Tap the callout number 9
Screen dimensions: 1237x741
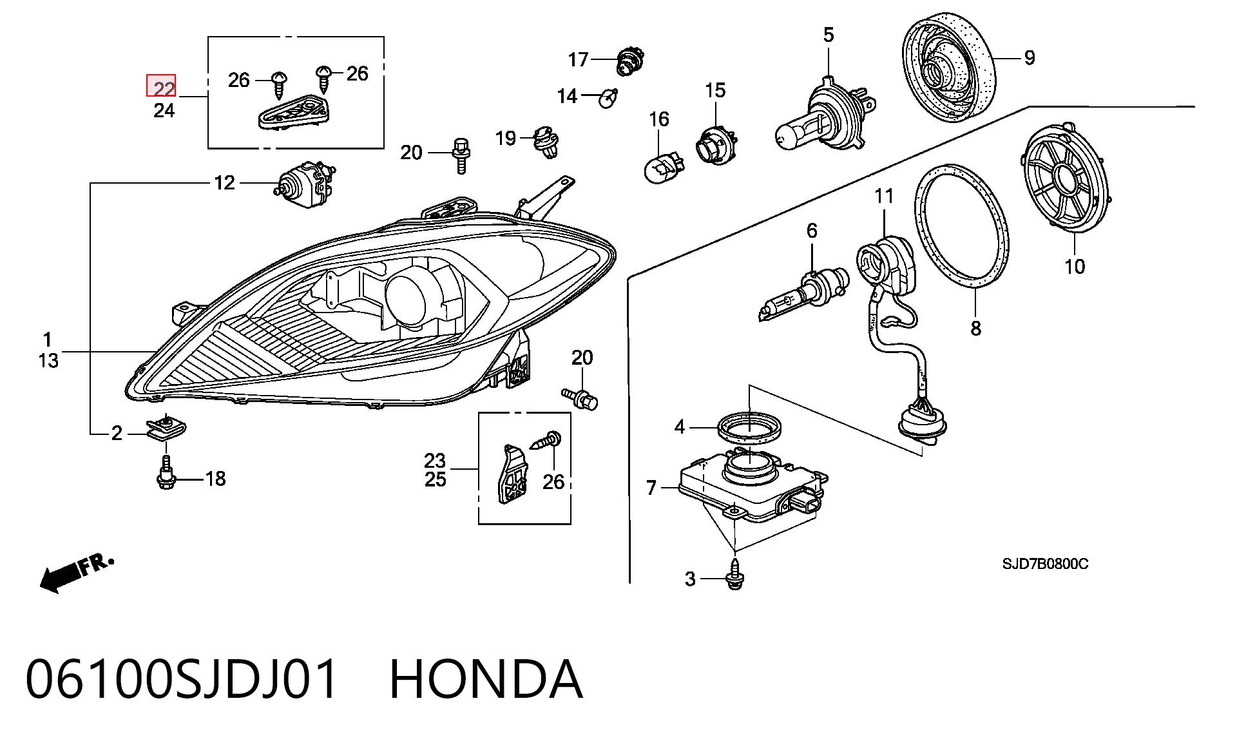pos(1030,58)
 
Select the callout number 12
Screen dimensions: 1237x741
pos(224,183)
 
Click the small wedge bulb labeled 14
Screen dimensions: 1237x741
pos(608,98)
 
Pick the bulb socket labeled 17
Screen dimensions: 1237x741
pos(629,60)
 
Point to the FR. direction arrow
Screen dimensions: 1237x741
pos(76,573)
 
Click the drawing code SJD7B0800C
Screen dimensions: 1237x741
pos(1045,564)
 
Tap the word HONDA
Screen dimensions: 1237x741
pos(486,679)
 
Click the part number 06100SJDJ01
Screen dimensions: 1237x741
pos(182,679)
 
